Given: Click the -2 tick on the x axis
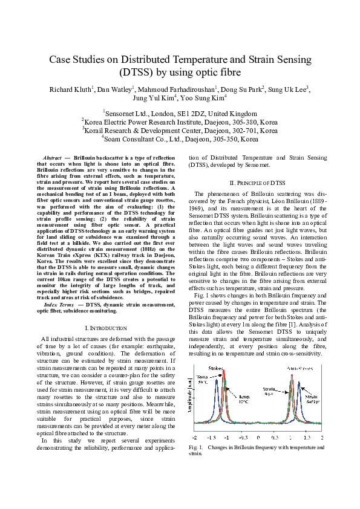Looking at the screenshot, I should coord(194,436).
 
